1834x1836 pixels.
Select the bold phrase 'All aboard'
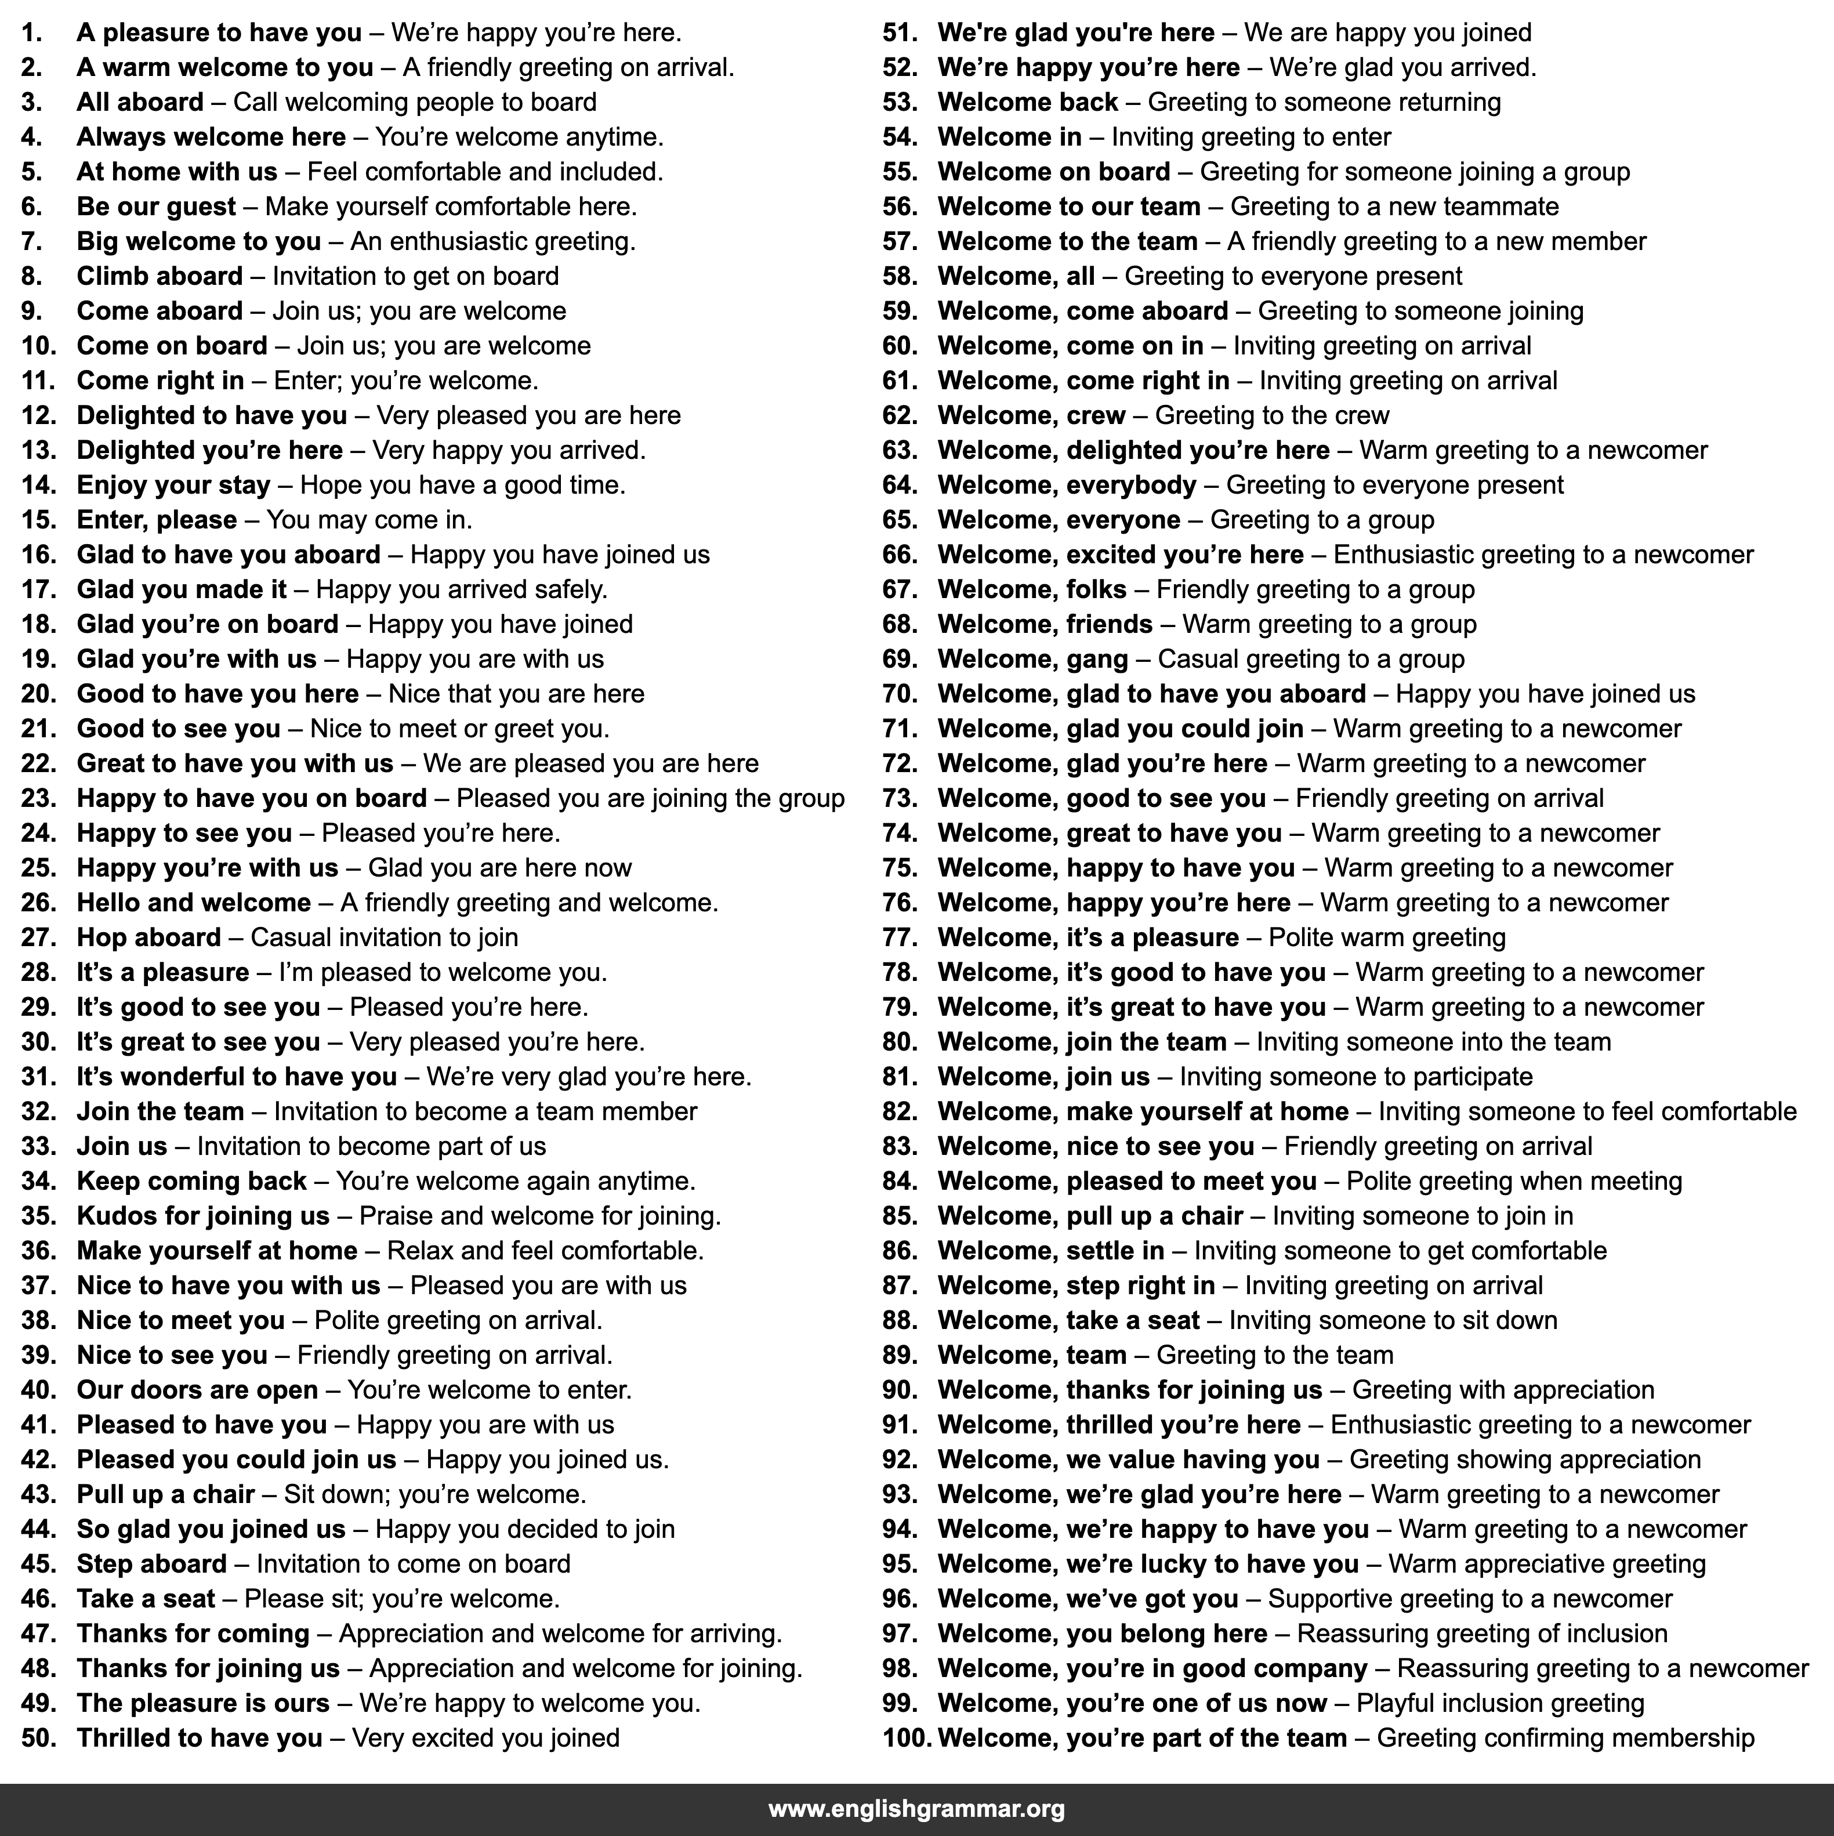pyautogui.click(x=140, y=103)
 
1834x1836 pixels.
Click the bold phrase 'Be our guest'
pyautogui.click(x=156, y=207)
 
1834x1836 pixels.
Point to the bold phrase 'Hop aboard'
pyautogui.click(x=148, y=938)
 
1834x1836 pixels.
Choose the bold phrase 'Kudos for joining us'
pyautogui.click(x=202, y=1216)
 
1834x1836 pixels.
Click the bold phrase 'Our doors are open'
pyautogui.click(x=197, y=1390)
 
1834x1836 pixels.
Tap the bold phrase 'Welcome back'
pyautogui.click(x=1027, y=103)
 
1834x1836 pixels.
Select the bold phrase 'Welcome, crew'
pyautogui.click(x=1031, y=415)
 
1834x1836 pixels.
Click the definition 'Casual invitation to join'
pyautogui.click(x=384, y=938)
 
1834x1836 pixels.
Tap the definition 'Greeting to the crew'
pyautogui.click(x=1271, y=415)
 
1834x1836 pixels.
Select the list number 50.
pyautogui.click(x=39, y=1738)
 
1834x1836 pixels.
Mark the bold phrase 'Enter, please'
pyautogui.click(x=157, y=520)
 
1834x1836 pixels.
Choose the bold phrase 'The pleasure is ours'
pyautogui.click(x=202, y=1703)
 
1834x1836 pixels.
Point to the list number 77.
pyautogui.click(x=899, y=938)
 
